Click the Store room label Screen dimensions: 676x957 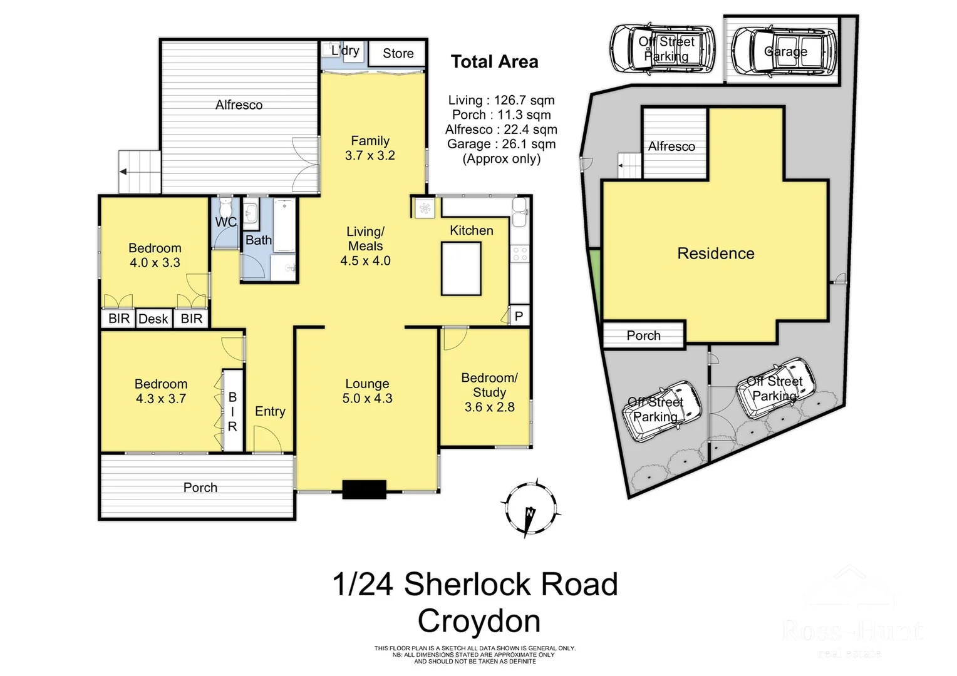398,54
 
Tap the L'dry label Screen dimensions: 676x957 345,51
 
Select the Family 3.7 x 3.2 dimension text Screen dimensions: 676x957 370,156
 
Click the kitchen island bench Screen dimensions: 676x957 461,268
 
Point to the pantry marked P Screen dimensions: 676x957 519,317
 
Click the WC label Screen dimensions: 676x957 225,222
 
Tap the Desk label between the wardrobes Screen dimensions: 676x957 153,319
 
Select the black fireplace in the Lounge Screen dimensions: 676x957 364,489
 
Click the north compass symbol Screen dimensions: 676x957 530,510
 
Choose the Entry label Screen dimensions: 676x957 270,411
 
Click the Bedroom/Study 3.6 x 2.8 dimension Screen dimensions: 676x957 489,407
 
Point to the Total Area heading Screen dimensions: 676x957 494,62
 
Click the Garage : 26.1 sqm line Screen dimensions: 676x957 501,144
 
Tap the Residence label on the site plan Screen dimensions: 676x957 715,253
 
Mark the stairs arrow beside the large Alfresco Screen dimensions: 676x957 125,172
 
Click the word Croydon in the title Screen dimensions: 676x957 479,621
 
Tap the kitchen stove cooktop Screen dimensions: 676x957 520,253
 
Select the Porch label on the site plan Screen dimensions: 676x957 643,335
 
